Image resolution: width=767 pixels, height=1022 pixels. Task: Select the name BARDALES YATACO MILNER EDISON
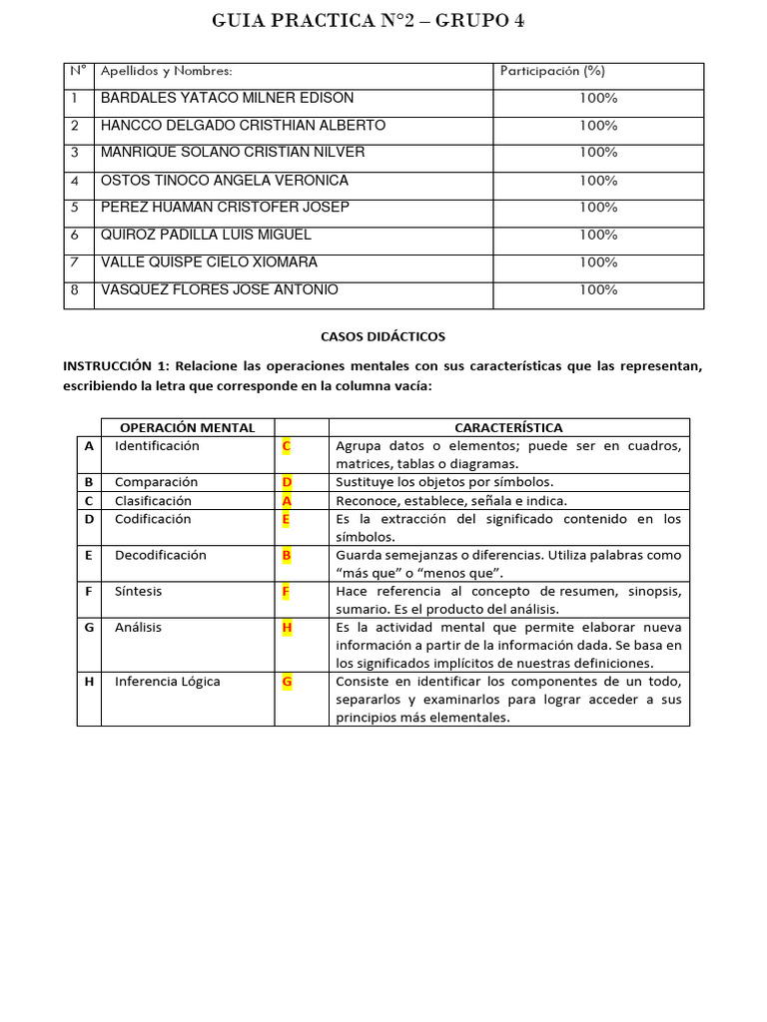[x=227, y=98]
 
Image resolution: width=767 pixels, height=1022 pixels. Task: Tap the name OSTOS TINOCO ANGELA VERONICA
[x=225, y=181]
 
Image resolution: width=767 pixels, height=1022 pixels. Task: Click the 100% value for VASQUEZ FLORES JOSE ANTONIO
[x=598, y=289]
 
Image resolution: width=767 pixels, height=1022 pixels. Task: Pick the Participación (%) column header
[x=552, y=71]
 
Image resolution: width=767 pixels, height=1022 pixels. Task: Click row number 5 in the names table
[x=75, y=208]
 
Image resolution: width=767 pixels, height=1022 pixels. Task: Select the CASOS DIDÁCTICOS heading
[x=383, y=337]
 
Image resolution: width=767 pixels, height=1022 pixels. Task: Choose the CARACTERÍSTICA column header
[x=508, y=427]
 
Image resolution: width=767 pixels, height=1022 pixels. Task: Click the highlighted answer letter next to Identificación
[x=287, y=446]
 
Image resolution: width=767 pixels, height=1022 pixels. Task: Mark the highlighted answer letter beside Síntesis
[x=287, y=591]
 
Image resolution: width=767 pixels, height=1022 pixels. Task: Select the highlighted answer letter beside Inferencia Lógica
[x=287, y=682]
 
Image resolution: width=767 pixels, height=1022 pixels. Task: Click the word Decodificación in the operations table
[x=161, y=555]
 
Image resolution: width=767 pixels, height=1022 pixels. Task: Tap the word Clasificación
[x=153, y=501]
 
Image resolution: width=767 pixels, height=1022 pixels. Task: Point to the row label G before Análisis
[x=89, y=628]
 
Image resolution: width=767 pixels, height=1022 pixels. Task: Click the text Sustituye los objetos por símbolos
[x=444, y=482]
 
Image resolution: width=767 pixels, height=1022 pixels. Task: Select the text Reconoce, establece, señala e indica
[x=451, y=501]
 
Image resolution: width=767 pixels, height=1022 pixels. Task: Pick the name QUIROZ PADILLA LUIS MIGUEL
[x=206, y=235]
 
